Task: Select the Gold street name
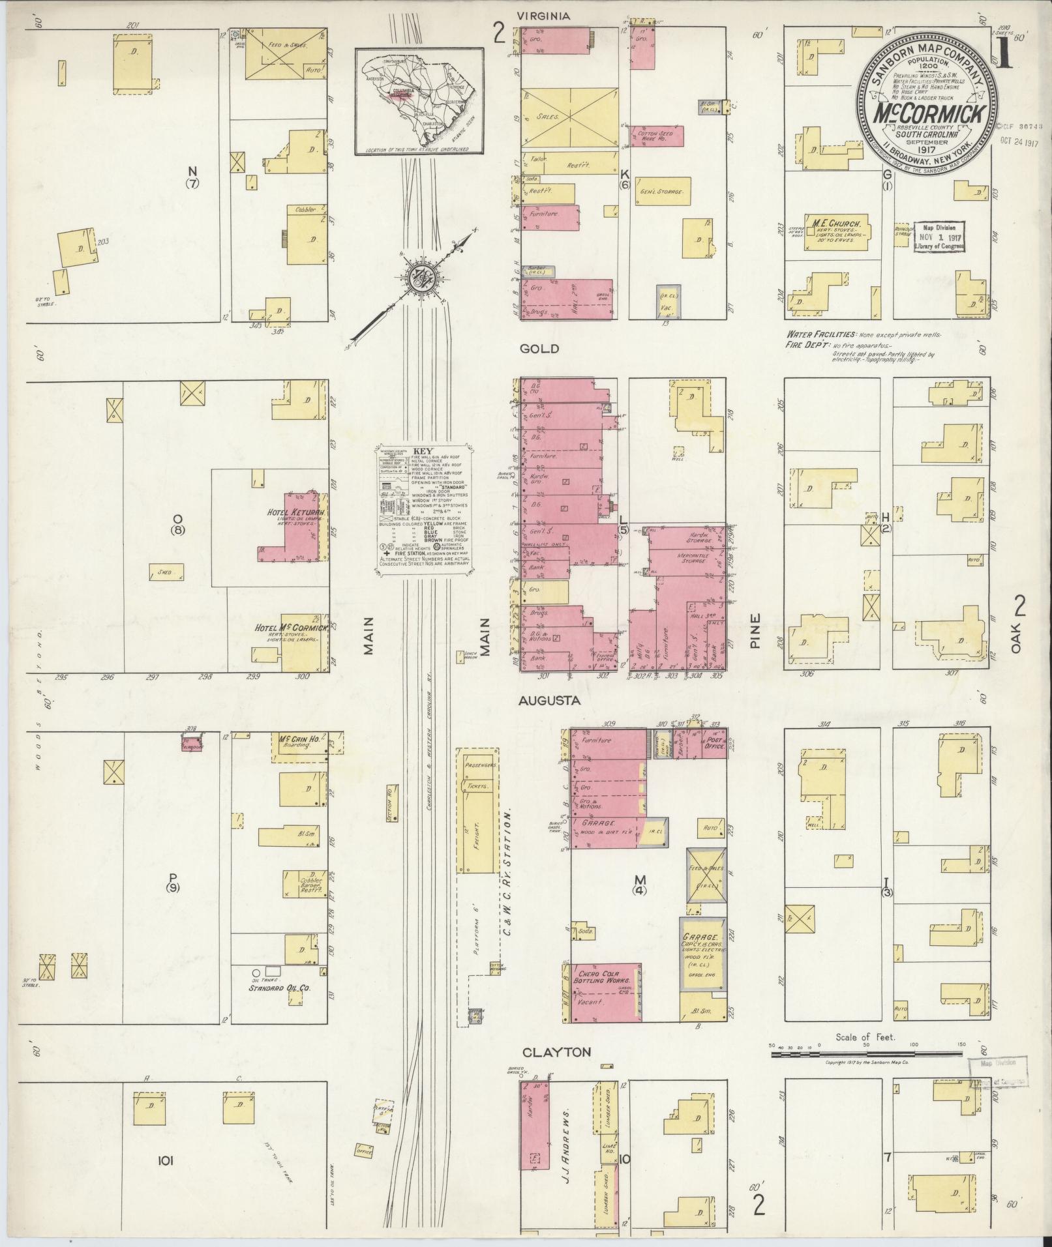(x=539, y=349)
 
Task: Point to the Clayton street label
(x=556, y=1052)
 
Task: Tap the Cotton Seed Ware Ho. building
(x=657, y=135)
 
